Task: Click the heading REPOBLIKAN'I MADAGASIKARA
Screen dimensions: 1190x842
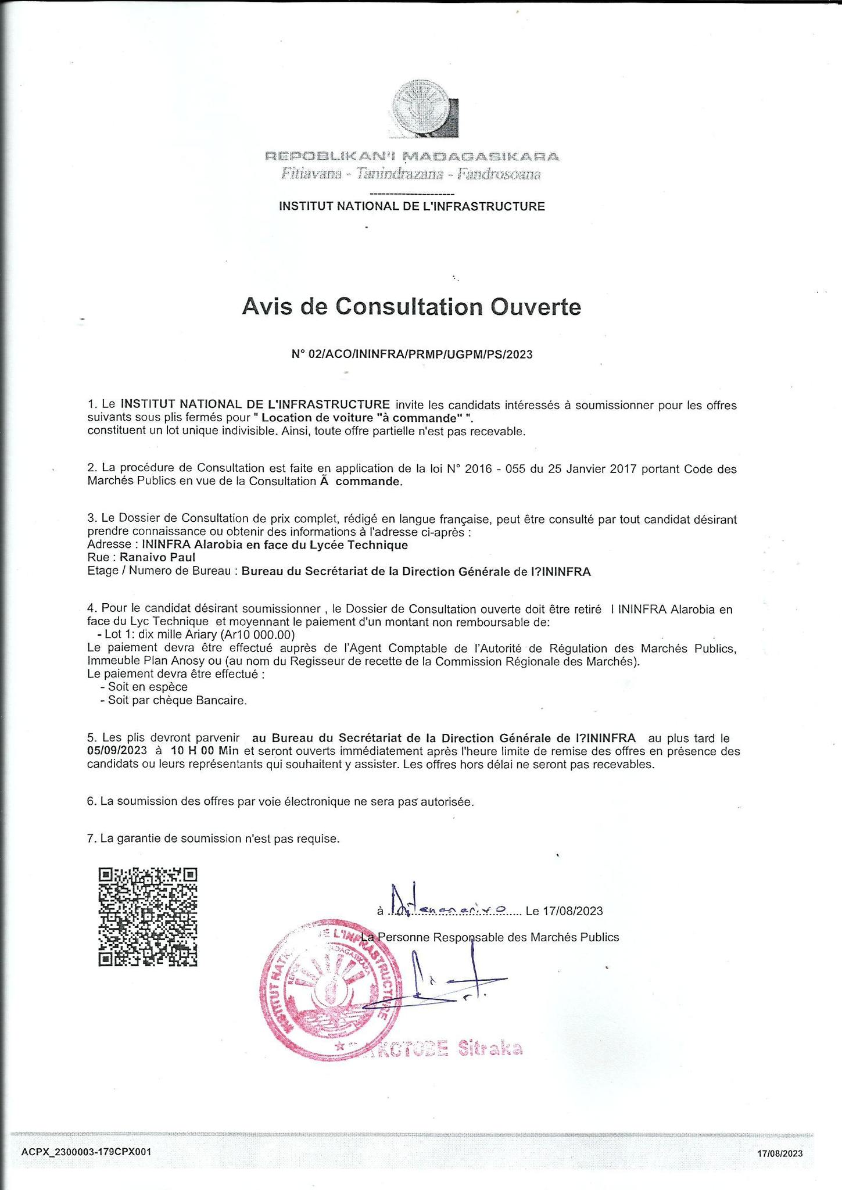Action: tap(412, 156)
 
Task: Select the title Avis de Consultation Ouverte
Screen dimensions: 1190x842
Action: tap(411, 307)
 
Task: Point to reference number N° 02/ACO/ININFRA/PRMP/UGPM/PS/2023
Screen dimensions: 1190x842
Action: tap(411, 354)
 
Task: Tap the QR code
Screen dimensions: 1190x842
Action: tap(148, 917)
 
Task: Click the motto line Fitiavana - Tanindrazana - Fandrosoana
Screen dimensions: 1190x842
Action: tap(411, 174)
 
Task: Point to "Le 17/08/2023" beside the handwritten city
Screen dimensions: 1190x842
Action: tap(564, 911)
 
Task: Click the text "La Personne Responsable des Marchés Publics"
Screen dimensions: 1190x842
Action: tap(490, 937)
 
